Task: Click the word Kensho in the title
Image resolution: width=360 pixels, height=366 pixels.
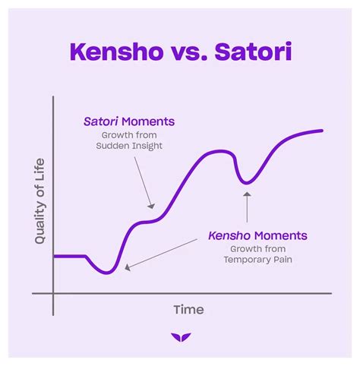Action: (x=117, y=52)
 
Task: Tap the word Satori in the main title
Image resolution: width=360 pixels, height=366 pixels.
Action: (x=254, y=52)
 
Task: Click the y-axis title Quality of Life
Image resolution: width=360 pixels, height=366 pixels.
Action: (x=40, y=201)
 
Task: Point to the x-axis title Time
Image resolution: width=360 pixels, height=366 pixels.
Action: (x=188, y=310)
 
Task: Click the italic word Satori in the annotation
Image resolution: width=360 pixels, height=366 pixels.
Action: (x=101, y=121)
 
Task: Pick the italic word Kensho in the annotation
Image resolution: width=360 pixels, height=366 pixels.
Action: (x=229, y=235)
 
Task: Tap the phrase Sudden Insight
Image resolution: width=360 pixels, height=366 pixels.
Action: (x=129, y=146)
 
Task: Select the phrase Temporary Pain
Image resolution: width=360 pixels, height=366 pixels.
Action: (x=258, y=260)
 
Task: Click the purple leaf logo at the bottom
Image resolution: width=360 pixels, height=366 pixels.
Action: (x=181, y=337)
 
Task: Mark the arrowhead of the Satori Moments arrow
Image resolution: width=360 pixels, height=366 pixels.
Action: (x=152, y=206)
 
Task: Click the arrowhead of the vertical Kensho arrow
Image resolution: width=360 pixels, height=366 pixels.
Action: (x=248, y=194)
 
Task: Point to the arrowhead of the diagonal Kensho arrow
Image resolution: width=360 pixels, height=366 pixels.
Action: (x=128, y=267)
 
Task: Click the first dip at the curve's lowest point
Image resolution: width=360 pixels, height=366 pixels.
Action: (x=107, y=273)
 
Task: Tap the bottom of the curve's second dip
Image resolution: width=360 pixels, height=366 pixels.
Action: (x=246, y=183)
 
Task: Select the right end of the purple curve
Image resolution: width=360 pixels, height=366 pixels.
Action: (x=322, y=131)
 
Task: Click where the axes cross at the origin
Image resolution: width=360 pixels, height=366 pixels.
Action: (x=53, y=294)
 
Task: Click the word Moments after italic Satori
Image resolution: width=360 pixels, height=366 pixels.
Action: (x=148, y=121)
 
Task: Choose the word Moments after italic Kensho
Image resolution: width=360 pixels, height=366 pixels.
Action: (x=281, y=235)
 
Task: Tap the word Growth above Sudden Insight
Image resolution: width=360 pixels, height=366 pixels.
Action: (x=116, y=135)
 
